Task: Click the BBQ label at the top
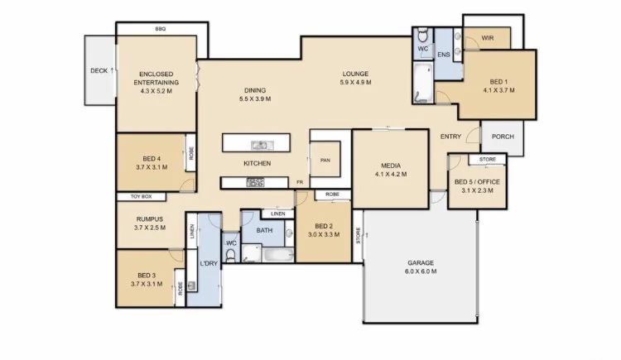(161, 29)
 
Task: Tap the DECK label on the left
(99, 70)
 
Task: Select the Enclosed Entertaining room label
(156, 78)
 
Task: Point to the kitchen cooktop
(255, 183)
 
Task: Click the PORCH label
(503, 137)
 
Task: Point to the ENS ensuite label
(443, 55)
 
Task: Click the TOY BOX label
(141, 197)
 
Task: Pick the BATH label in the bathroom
(264, 231)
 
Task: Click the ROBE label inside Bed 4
(190, 154)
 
